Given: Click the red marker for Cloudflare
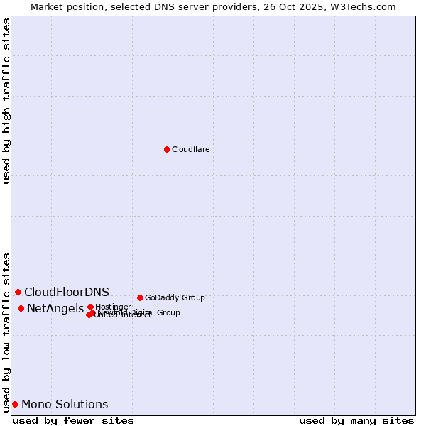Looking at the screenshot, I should click(167, 149).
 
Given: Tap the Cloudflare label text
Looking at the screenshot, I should click(190, 149).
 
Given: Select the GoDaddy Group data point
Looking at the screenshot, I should click(140, 297).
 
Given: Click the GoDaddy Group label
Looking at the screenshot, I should click(175, 297).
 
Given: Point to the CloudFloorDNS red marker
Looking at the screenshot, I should click(18, 292).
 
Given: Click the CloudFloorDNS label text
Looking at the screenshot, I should click(67, 292).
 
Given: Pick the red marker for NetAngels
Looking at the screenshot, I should click(21, 308).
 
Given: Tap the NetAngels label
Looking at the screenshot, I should click(55, 308).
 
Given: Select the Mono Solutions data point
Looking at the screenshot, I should click(15, 404).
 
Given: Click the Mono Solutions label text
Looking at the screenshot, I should click(65, 404).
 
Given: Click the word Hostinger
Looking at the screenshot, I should click(113, 307).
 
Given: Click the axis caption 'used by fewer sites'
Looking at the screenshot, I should click(73, 420).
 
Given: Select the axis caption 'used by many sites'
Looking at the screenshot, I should click(356, 420).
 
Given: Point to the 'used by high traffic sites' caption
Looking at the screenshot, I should click(6, 101).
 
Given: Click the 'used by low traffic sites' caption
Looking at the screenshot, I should click(6, 332).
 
